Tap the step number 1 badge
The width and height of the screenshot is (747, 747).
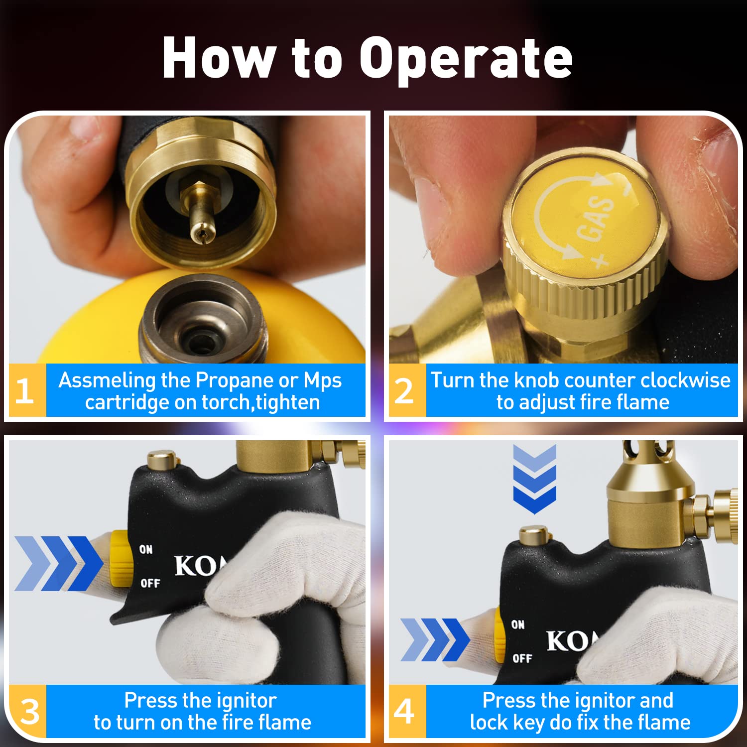(25, 390)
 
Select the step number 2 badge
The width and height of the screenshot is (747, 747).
(404, 390)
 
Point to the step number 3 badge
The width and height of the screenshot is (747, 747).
(29, 711)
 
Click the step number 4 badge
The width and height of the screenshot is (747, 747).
(404, 711)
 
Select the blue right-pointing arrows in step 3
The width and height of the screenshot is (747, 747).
(57, 563)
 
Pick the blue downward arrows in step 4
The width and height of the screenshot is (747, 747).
(534, 479)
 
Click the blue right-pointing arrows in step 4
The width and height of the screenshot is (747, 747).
(434, 640)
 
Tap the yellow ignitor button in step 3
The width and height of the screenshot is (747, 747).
(120, 558)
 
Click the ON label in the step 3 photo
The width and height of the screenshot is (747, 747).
(146, 549)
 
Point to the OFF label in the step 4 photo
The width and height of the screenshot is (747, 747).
(522, 658)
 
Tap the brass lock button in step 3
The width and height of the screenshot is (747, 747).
(162, 459)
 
